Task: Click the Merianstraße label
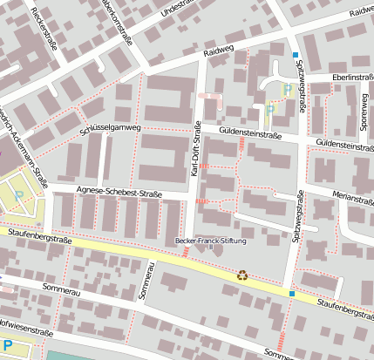click(352, 197)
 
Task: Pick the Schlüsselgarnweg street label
click(110, 129)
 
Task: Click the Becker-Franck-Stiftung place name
click(211, 241)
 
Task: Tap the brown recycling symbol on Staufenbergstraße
click(242, 275)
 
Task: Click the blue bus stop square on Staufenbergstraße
click(292, 295)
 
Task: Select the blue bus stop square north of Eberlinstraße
click(295, 54)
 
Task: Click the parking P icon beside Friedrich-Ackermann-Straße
click(19, 194)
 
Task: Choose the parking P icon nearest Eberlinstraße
click(287, 88)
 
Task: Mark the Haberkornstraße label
click(118, 19)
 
